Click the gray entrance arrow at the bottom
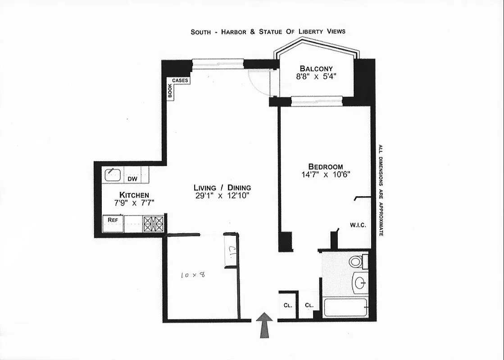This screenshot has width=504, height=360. point(264,325)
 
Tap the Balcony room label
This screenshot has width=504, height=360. point(316,68)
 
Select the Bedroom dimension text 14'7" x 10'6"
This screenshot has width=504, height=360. point(326,175)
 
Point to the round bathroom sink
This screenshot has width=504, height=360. point(360,283)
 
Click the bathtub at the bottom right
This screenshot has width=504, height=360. point(345,308)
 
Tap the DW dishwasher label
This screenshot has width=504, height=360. point(132,179)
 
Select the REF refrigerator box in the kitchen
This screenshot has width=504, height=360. point(113,223)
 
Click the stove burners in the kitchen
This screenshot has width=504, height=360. point(154,224)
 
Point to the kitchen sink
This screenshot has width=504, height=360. point(112,174)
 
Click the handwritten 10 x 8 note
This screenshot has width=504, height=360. point(193,274)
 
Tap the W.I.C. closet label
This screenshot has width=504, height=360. point(357,225)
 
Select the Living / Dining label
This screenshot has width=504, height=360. point(222,188)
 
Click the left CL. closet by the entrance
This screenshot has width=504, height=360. point(288,305)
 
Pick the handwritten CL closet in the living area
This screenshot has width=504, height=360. point(231,251)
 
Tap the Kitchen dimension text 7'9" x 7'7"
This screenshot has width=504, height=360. point(134,202)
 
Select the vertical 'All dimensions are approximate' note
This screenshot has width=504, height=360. point(381,190)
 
